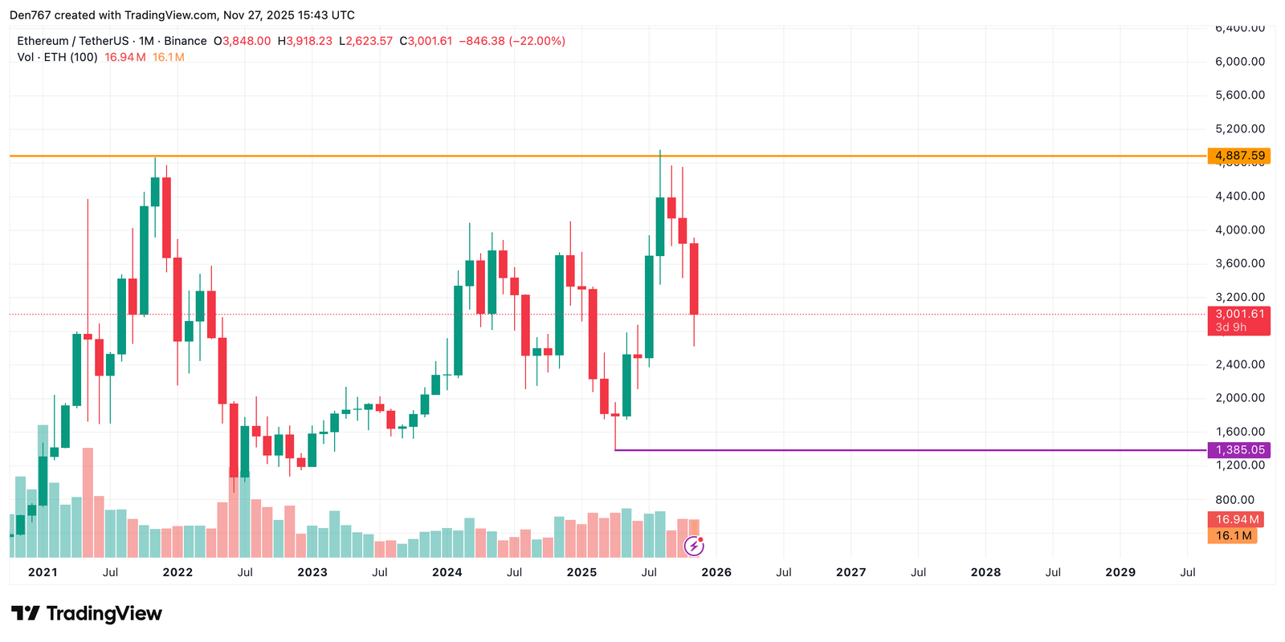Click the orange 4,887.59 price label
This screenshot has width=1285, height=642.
(x=1238, y=156)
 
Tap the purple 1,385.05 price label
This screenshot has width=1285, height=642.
(x=1238, y=450)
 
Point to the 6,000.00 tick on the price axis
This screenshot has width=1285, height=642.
(x=1240, y=62)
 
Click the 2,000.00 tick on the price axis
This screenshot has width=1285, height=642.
(x=1240, y=398)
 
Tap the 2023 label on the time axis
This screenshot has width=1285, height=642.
(x=312, y=572)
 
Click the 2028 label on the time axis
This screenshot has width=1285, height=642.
(x=985, y=572)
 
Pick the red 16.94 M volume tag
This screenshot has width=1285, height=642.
(x=1236, y=519)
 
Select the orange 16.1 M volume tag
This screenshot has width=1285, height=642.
(x=1233, y=535)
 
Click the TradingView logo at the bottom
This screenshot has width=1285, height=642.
(x=87, y=614)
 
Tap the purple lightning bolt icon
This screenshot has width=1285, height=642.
(x=694, y=547)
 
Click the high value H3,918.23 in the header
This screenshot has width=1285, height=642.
(x=305, y=41)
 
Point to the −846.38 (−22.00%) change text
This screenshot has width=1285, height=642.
(x=512, y=41)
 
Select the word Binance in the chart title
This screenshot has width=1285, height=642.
(x=186, y=41)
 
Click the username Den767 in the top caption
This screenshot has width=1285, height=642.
(x=30, y=15)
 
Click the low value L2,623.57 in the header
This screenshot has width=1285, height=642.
(x=366, y=41)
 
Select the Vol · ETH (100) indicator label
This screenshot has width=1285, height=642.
(x=57, y=57)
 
